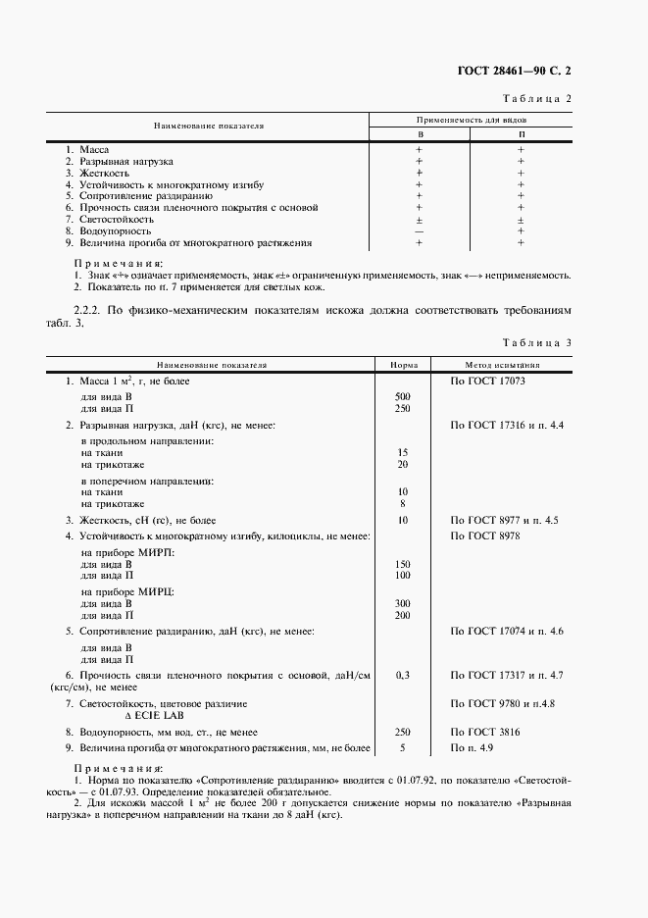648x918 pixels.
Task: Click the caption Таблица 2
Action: [x=537, y=99]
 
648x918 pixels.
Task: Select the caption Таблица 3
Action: [x=536, y=342]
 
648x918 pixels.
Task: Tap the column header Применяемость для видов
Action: [x=471, y=119]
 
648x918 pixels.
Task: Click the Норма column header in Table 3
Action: [x=403, y=364]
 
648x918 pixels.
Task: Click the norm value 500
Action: [x=403, y=396]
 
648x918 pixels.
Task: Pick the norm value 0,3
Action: [x=403, y=676]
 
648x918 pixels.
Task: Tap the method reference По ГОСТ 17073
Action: [x=488, y=380]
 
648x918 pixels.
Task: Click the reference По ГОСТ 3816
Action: [x=484, y=732]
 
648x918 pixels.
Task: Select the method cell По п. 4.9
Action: [x=471, y=748]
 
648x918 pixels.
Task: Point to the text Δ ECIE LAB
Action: [x=161, y=715]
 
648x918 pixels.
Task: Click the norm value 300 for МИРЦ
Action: [x=403, y=603]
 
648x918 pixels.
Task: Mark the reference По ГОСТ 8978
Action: [x=484, y=536]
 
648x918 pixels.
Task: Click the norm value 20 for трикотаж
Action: [x=403, y=463]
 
